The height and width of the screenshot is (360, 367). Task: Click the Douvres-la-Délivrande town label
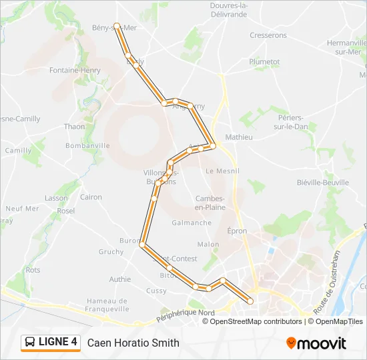[229, 10]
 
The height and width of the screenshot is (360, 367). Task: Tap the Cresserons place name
[268, 35]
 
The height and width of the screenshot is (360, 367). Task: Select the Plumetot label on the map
[264, 61]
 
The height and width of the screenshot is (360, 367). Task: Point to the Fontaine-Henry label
[75, 70]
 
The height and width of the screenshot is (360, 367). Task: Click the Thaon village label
[74, 127]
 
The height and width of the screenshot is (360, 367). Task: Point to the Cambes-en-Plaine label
[211, 203]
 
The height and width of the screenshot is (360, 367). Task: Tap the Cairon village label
[91, 197]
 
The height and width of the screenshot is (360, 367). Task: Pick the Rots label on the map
[33, 270]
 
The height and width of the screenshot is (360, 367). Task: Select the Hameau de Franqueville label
[107, 305]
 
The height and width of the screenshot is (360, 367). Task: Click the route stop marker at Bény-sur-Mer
[117, 26]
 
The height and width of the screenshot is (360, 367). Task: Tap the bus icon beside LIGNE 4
[30, 343]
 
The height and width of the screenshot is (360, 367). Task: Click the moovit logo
[316, 343]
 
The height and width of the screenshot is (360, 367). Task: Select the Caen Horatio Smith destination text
[133, 343]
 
